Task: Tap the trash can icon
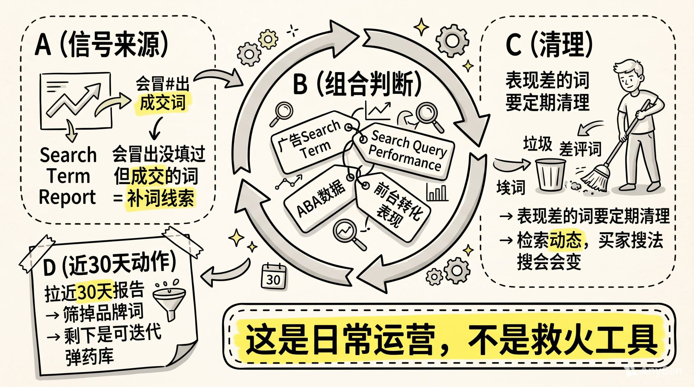pyautogui.click(x=551, y=175)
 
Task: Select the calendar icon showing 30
pyautogui.click(x=274, y=276)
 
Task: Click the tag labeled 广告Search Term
pyautogui.click(x=312, y=142)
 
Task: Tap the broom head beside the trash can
pyautogui.click(x=595, y=179)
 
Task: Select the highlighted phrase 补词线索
pyautogui.click(x=160, y=198)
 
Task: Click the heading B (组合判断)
pyautogui.click(x=357, y=84)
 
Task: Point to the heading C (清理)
pyautogui.click(x=549, y=44)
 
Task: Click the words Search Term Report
pyautogui.click(x=68, y=176)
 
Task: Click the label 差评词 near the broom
pyautogui.click(x=580, y=148)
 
